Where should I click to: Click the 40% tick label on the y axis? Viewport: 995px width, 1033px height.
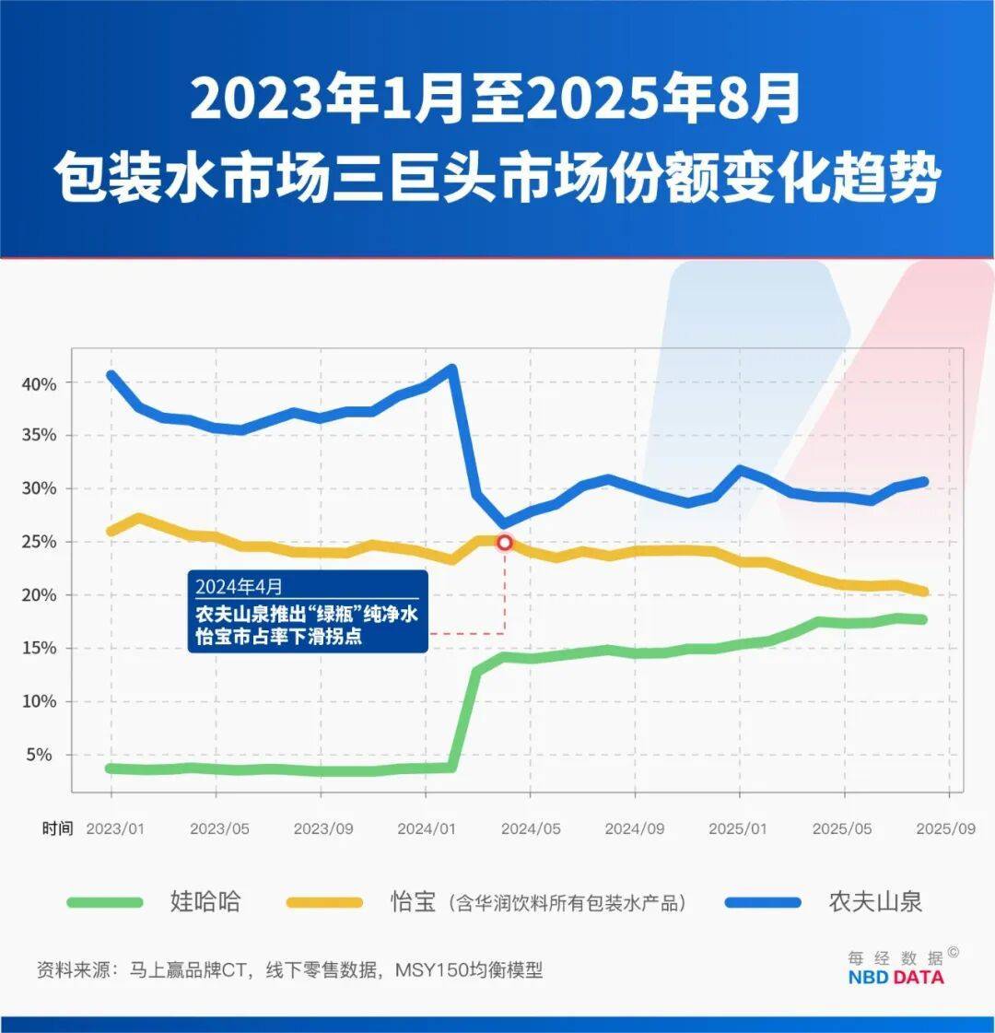pos(39,383)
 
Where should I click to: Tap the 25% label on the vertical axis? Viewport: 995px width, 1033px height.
pos(39,542)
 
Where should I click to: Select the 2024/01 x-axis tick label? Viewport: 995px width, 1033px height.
pos(427,828)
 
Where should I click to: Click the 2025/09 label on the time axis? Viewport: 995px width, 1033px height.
pos(945,828)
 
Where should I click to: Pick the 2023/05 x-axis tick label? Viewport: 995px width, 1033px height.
pos(219,828)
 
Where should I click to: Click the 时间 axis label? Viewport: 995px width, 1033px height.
pos(57,828)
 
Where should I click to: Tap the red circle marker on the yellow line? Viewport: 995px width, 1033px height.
pos(504,542)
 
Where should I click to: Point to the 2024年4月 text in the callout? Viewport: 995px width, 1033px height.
pos(239,587)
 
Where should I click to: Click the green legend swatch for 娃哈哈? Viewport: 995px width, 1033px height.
pos(105,902)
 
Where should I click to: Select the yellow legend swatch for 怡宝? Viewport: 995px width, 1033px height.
pos(324,902)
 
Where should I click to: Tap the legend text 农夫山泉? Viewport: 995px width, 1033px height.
pos(875,901)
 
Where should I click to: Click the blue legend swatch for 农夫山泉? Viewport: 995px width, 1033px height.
pos(763,902)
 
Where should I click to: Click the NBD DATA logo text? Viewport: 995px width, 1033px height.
pos(895,978)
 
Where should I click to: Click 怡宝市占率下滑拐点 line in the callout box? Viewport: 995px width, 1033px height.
pos(278,636)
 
